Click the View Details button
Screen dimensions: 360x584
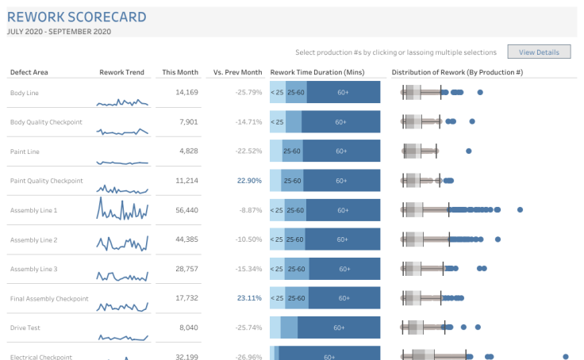[x=539, y=52]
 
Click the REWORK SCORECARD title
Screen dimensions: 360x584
[x=77, y=16]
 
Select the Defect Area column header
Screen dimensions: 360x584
[x=29, y=72]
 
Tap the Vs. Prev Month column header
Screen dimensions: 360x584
[x=237, y=72]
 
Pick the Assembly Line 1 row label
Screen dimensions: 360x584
[x=34, y=210]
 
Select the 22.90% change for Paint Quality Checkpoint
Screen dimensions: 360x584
[x=249, y=181]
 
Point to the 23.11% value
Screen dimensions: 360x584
[x=249, y=298]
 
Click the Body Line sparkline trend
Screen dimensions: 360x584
[x=122, y=101]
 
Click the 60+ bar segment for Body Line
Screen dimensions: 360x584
[x=343, y=93]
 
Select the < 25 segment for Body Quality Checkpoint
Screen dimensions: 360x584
[x=277, y=122]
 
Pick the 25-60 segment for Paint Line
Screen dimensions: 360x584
[x=292, y=151]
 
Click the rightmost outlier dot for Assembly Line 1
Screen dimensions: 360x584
[x=520, y=210]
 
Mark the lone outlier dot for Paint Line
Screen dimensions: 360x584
[x=469, y=151]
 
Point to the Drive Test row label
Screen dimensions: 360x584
[x=24, y=327]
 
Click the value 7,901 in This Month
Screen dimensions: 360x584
[x=188, y=122]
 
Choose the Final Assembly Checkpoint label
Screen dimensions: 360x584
[x=49, y=298]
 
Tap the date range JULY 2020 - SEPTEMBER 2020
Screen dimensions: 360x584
[x=59, y=32]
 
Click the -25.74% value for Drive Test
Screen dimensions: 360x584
[x=248, y=327]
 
